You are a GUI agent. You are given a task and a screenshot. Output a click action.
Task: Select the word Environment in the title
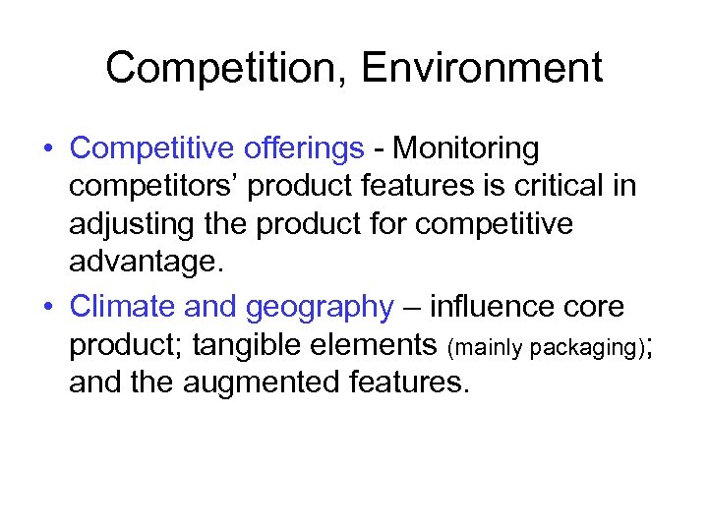click(x=482, y=69)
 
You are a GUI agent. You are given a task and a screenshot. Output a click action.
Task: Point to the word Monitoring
click(x=465, y=148)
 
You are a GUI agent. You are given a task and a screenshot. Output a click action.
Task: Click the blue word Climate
click(x=123, y=307)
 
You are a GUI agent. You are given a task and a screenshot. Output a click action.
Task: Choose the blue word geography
click(x=319, y=307)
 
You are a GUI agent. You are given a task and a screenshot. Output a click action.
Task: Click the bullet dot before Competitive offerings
click(x=47, y=149)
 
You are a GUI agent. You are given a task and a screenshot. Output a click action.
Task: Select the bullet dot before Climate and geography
click(x=47, y=308)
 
